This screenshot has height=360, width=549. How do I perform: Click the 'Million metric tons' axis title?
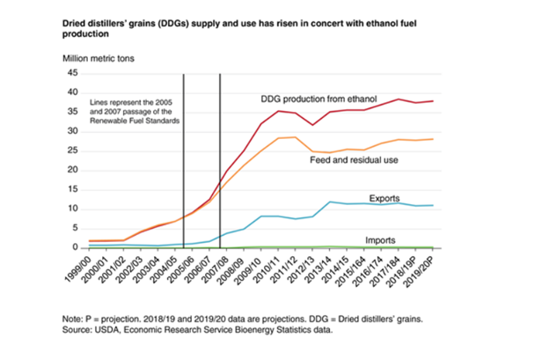[x=101, y=57]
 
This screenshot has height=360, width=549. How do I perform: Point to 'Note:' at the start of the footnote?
[x=73, y=318]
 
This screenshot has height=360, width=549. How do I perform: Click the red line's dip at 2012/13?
[x=311, y=126]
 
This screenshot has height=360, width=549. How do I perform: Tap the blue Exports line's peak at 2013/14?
[x=329, y=202]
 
